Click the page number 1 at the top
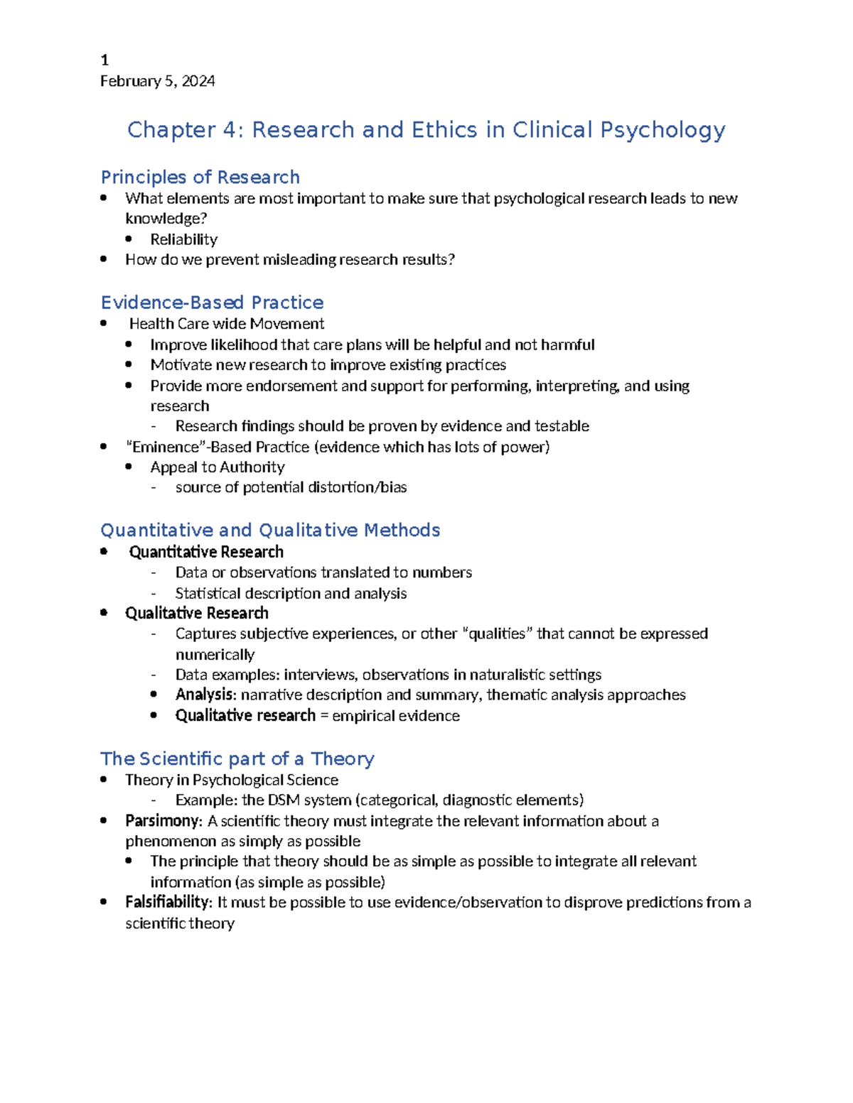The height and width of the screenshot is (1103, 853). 104,60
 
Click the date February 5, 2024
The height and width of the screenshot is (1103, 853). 157,81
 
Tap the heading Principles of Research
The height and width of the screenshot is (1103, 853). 200,177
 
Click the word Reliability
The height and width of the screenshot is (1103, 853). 183,239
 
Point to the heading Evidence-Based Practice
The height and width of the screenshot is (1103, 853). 212,303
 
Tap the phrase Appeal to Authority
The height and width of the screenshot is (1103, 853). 217,467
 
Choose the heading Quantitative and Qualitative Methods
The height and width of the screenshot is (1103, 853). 270,531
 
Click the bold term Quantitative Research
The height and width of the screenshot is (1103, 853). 206,552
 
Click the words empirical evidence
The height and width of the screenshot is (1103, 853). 395,716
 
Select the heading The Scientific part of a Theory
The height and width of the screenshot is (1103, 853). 237,759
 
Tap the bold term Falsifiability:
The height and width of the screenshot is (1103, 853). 168,902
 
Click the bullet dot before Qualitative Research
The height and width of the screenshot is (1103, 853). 104,612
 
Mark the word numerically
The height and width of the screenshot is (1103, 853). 215,654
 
